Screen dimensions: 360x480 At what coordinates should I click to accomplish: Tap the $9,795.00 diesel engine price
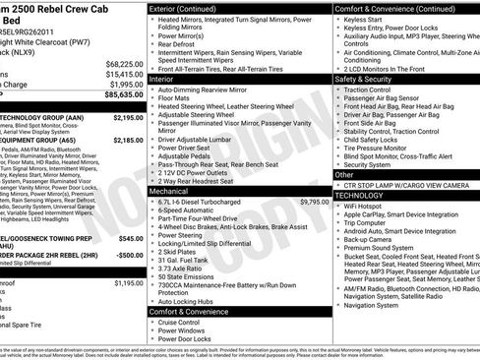click(x=315, y=173)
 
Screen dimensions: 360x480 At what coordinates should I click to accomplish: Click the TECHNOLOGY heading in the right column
click(x=365, y=196)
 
